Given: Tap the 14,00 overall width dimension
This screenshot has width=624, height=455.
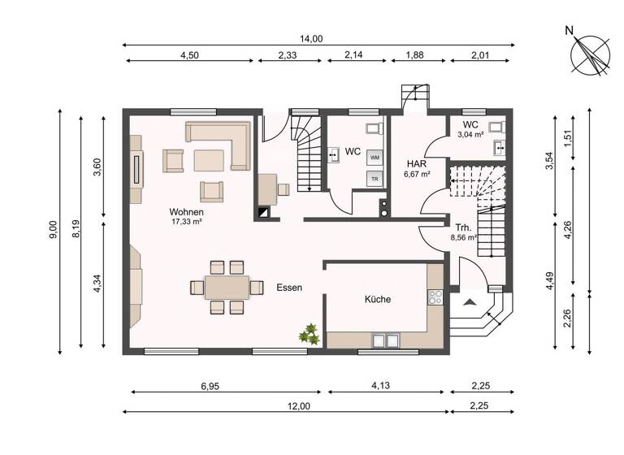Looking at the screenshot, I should click(x=312, y=38).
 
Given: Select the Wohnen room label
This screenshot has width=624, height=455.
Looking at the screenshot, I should click(x=186, y=211).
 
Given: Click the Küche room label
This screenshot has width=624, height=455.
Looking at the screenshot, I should click(x=377, y=300).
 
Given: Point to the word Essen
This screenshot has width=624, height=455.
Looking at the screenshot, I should click(x=290, y=288).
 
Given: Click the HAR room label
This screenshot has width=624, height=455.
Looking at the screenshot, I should click(x=417, y=163).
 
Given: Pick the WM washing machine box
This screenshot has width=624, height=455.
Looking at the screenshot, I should click(x=375, y=157).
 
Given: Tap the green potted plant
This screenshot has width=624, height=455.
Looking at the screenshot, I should click(x=308, y=332).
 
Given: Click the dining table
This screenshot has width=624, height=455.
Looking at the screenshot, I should click(x=227, y=287).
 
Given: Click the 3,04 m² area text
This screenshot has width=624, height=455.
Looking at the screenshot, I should click(x=470, y=135).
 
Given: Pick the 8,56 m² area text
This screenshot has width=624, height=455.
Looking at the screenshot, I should click(x=463, y=239).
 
